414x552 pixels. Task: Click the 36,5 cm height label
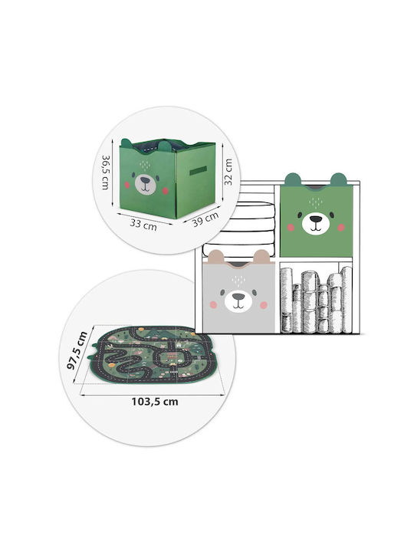click(106, 172)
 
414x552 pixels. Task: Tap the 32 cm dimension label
click(228, 172)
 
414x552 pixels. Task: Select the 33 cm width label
click(143, 224)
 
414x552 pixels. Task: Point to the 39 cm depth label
click(205, 219)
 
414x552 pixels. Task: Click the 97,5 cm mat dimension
click(77, 350)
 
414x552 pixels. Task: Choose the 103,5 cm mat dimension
click(155, 402)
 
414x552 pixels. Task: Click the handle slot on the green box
click(199, 171)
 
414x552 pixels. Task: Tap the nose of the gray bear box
click(238, 297)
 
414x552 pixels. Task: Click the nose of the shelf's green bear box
click(316, 219)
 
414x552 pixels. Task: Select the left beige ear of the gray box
click(216, 257)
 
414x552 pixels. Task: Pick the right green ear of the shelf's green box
click(338, 179)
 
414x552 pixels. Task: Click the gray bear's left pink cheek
click(213, 304)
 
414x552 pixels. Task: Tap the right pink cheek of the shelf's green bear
click(340, 228)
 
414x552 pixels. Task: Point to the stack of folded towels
click(238, 228)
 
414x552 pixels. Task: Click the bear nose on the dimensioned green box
click(145, 181)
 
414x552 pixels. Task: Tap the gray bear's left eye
click(223, 292)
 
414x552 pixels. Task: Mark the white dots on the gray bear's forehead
click(238, 281)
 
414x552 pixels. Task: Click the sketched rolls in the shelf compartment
click(316, 301)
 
